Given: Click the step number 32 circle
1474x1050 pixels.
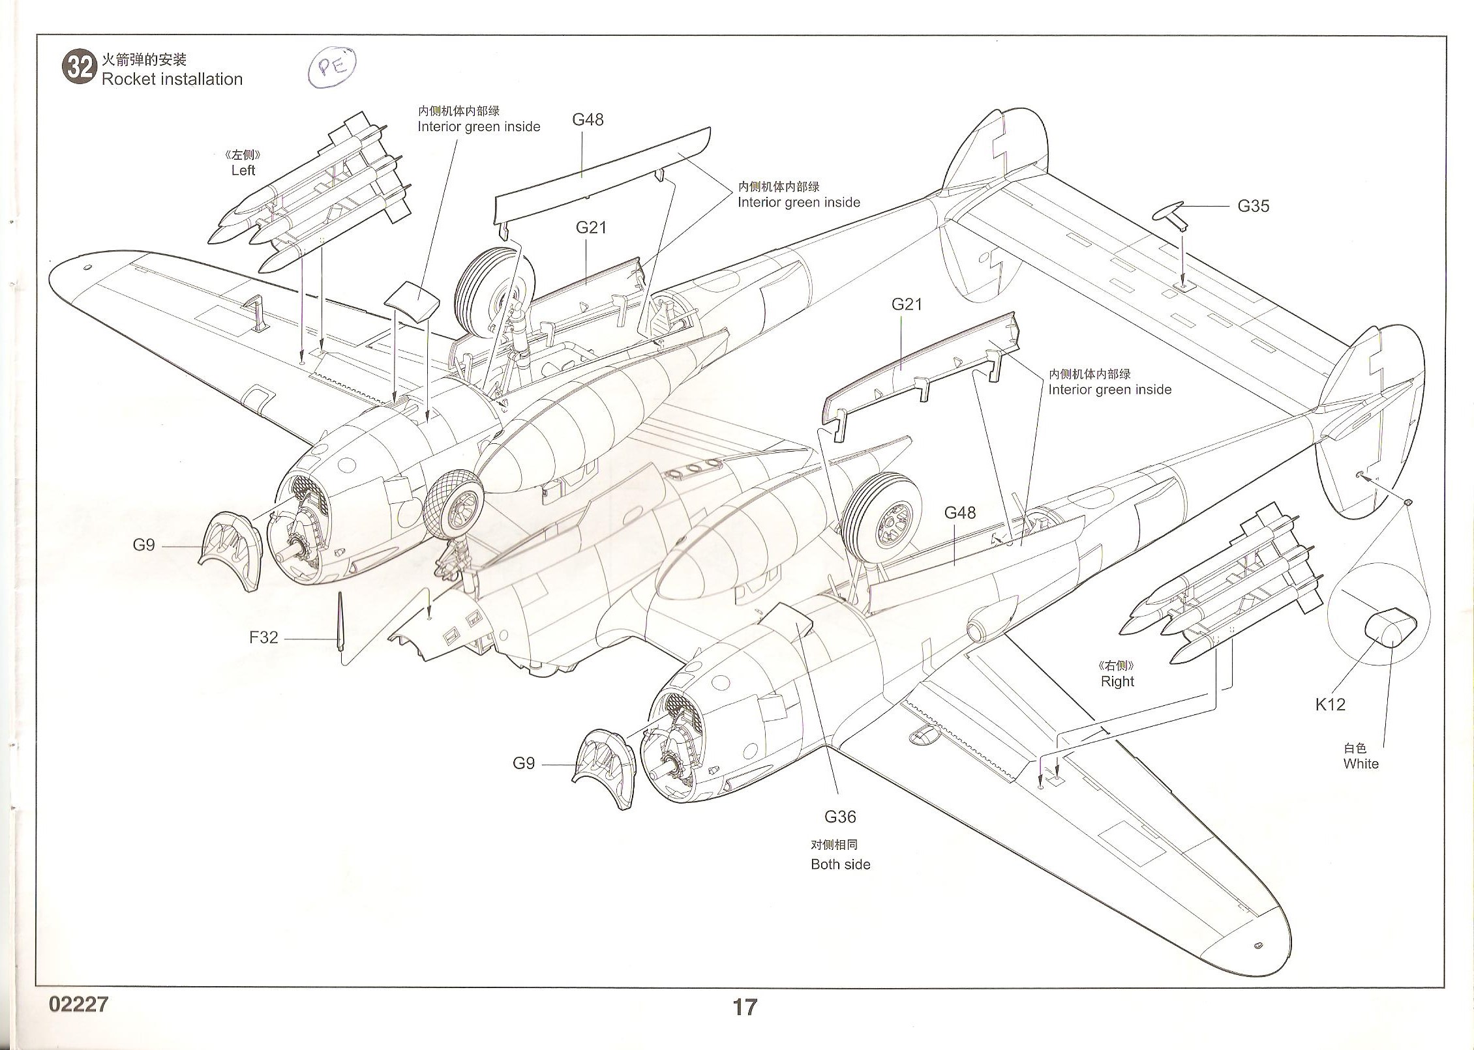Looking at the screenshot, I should coord(80,68).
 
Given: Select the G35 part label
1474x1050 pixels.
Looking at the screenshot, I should coord(1253,207).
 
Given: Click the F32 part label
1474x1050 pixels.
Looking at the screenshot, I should coord(263,637).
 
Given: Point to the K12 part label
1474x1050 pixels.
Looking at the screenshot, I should coord(1330,704).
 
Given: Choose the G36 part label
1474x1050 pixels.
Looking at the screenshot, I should coord(840,817).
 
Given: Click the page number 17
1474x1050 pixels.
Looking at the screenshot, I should coord(744,1007).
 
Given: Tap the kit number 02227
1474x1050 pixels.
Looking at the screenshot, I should coord(78,1004).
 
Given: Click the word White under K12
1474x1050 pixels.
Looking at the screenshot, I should coord(1361,764).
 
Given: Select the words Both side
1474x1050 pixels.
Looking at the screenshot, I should coord(840,864).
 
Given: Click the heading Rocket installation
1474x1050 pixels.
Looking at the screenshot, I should coord(172,80).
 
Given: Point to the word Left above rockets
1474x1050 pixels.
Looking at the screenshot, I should coord(243,170).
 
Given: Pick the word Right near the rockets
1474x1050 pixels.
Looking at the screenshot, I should coord(1117,681).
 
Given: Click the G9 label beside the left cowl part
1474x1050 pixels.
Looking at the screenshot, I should coord(143,545).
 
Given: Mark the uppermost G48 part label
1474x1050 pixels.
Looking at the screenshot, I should coord(588,120).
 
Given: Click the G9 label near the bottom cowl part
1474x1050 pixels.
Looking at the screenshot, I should coord(524,763).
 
